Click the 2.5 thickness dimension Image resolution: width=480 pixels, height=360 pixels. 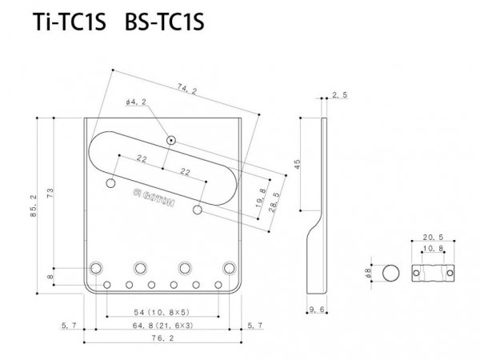tap(340, 95)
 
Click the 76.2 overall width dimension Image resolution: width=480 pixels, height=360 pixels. tap(163, 339)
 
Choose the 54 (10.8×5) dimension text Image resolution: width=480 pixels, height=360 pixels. tap(162, 310)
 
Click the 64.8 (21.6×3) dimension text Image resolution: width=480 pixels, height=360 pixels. tap(162, 325)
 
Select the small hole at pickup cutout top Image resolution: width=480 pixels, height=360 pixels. tap(170, 140)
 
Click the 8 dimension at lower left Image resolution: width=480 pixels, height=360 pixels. tap(50, 276)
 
